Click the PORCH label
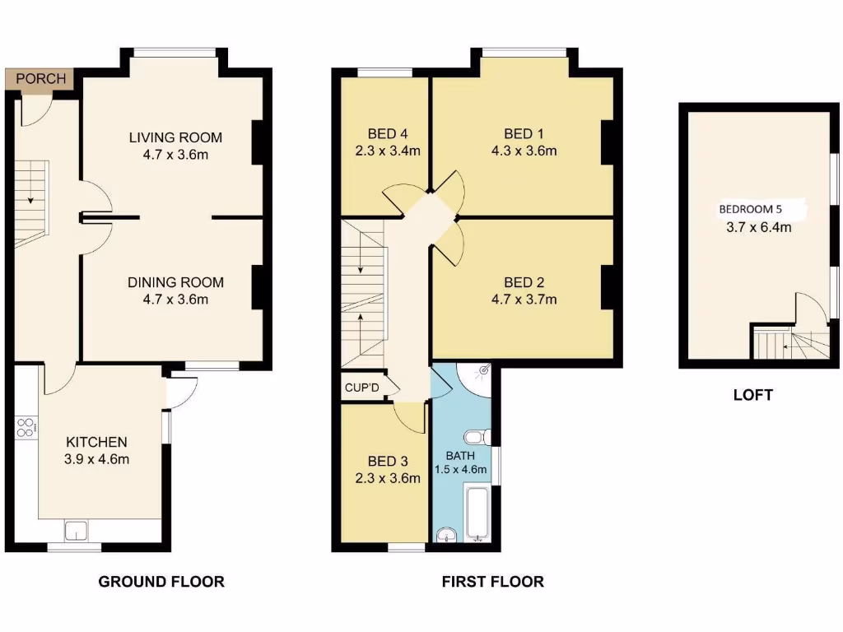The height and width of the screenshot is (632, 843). click(x=40, y=79)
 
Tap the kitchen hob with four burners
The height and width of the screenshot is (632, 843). click(x=25, y=427)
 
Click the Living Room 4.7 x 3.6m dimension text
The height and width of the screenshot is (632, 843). click(x=175, y=154)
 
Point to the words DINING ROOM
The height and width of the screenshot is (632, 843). click(x=175, y=282)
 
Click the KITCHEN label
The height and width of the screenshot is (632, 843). click(x=96, y=442)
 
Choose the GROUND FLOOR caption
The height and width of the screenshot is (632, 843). click(x=161, y=582)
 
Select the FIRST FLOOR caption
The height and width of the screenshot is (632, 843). click(x=492, y=582)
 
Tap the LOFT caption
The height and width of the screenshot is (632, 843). click(x=752, y=395)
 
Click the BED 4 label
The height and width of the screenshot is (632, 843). click(x=387, y=133)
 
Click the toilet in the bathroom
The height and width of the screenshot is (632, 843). click(x=476, y=436)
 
